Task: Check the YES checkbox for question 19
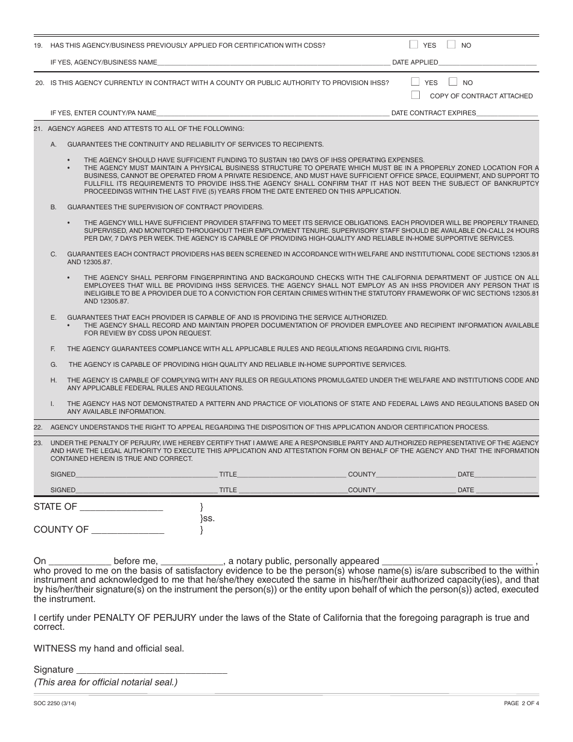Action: [414, 45]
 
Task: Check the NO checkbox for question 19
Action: [451, 45]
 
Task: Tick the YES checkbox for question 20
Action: [415, 81]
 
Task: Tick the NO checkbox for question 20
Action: [453, 81]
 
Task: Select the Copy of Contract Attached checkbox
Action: [415, 95]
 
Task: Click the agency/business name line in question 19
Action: [273, 63]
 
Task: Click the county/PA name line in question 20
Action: [273, 113]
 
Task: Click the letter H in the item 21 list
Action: [53, 380]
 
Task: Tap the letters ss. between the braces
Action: [209, 518]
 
